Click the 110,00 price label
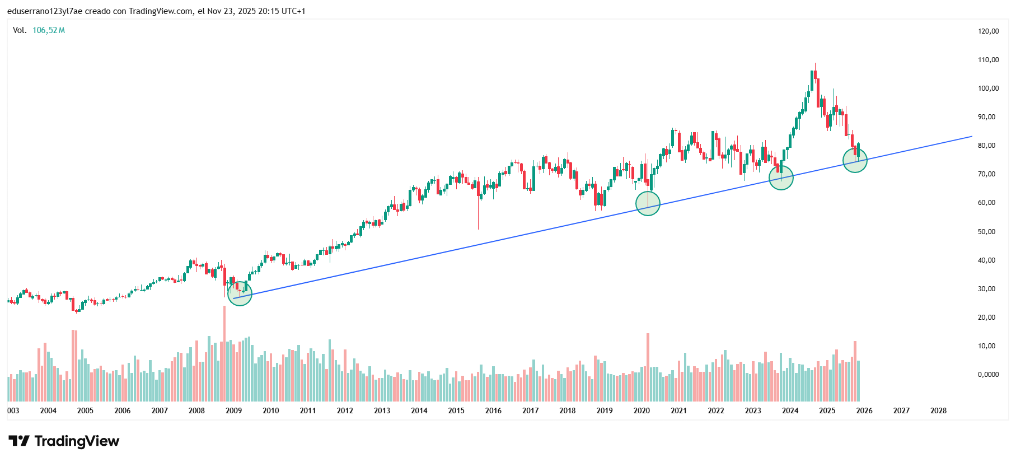click(x=988, y=60)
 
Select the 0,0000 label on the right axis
click(x=988, y=375)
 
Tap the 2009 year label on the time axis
click(x=233, y=410)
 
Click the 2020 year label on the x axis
click(x=642, y=410)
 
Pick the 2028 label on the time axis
click(x=938, y=410)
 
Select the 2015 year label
click(x=456, y=410)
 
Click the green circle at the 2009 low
click(x=240, y=293)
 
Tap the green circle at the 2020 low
click(x=648, y=203)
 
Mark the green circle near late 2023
click(x=781, y=178)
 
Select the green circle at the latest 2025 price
click(x=855, y=160)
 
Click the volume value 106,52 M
click(x=49, y=30)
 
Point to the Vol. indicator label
click(x=20, y=30)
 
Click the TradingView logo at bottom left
click(x=64, y=441)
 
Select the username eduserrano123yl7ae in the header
click(x=45, y=11)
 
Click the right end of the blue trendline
click(x=971, y=136)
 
